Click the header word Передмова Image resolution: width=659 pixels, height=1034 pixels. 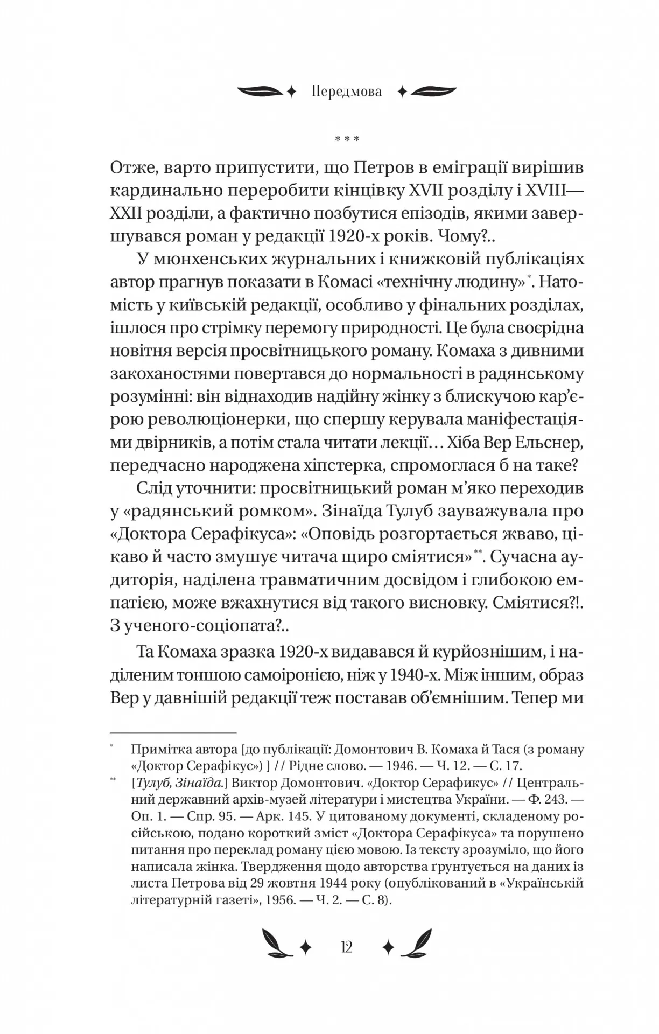(346, 92)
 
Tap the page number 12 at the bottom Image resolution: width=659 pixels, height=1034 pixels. (347, 946)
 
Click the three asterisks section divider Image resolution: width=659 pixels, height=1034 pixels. (347, 139)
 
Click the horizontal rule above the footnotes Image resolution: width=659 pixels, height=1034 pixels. (173, 732)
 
